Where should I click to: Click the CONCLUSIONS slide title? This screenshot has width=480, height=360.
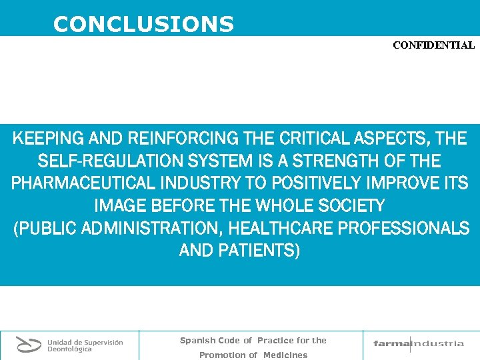143,25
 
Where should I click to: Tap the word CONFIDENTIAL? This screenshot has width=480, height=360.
433,46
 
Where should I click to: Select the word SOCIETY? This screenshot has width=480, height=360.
349,206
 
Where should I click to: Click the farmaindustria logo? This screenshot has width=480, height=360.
419,343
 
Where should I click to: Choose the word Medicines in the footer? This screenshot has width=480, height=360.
285,355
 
